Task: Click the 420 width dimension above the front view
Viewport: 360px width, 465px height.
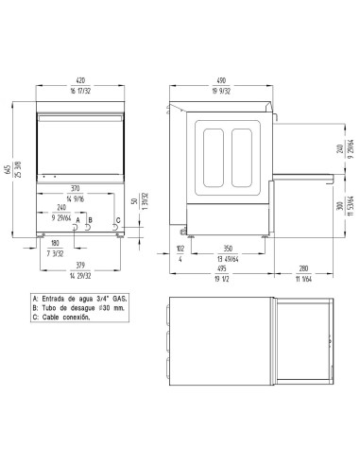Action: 80,81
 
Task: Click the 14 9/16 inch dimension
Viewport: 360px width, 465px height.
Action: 80,200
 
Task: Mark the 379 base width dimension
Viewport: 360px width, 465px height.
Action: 80,265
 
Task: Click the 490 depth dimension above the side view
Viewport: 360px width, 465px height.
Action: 222,81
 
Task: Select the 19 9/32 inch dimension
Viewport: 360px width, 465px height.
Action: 222,91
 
